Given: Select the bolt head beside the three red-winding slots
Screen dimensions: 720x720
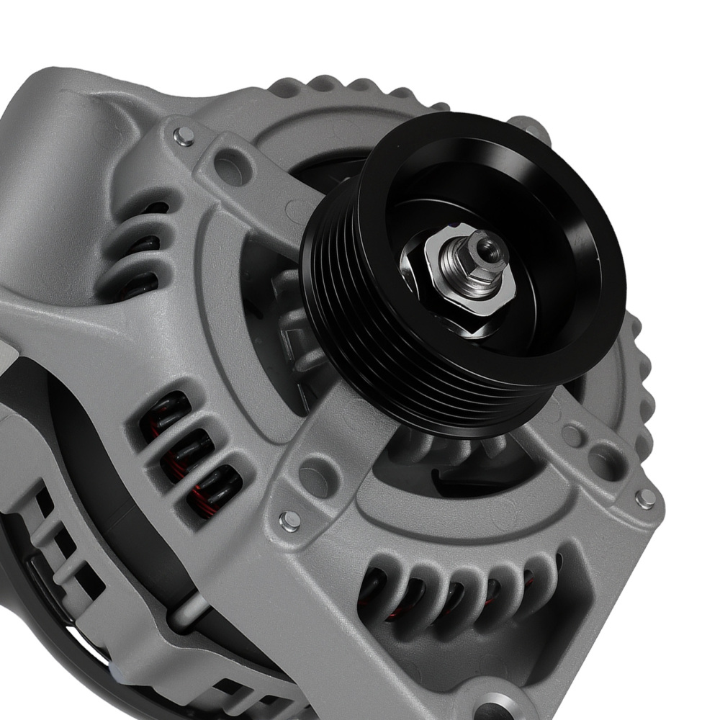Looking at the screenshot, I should click(289, 521).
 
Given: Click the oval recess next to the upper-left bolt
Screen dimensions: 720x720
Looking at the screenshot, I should click(230, 167).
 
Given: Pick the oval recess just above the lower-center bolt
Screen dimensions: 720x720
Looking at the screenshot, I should click(318, 476).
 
